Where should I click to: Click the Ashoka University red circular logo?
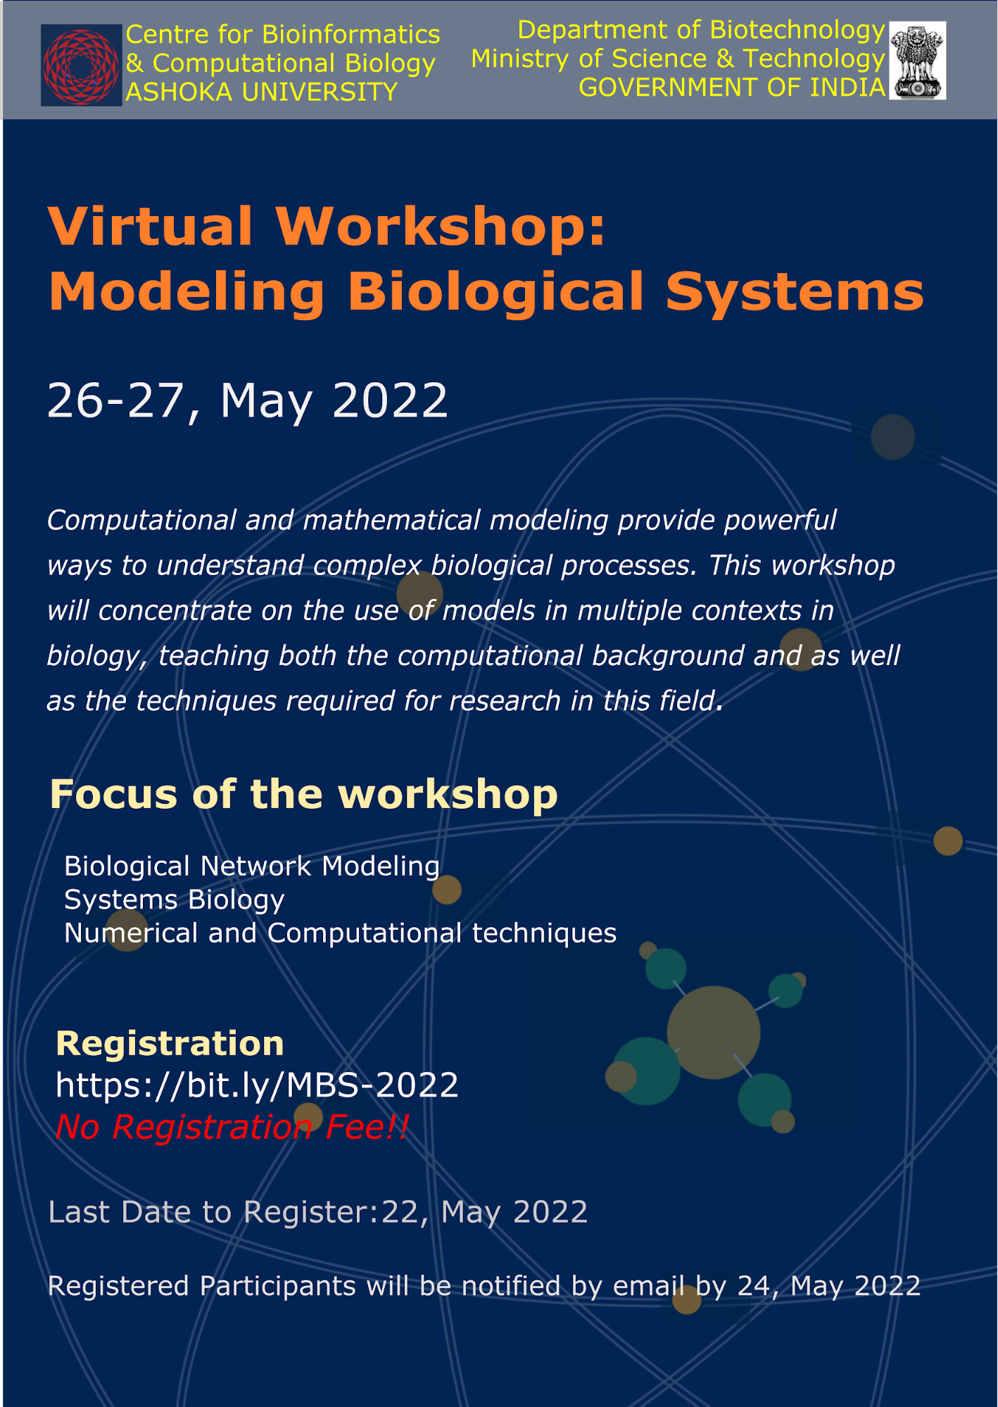click(82, 65)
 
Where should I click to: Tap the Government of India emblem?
click(917, 60)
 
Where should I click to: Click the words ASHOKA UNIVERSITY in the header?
click(262, 92)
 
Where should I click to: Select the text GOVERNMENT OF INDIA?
click(732, 87)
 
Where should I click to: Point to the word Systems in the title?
click(795, 292)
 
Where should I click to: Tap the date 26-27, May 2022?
click(247, 401)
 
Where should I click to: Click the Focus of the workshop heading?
click(303, 795)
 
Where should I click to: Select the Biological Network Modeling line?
click(252, 866)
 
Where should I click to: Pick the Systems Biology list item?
click(175, 900)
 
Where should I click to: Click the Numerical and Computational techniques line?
click(341, 933)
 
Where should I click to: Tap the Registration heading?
click(170, 1043)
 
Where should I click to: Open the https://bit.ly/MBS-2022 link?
click(257, 1085)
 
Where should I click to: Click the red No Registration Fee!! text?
click(232, 1127)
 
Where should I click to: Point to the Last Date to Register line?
click(318, 1212)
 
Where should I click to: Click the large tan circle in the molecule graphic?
click(714, 1033)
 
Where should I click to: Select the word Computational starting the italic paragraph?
click(141, 521)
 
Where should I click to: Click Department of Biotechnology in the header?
click(701, 30)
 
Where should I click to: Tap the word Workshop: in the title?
click(440, 227)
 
